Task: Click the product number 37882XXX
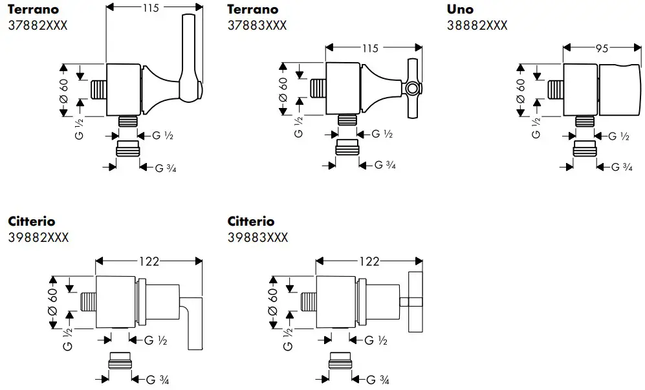click(39, 25)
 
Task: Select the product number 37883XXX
click(257, 25)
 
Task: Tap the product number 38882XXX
click(477, 25)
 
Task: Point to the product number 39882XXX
click(39, 237)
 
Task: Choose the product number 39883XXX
click(257, 237)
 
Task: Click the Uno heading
click(460, 9)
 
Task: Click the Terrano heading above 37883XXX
click(253, 9)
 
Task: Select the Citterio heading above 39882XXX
click(32, 221)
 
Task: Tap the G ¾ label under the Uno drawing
click(622, 167)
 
